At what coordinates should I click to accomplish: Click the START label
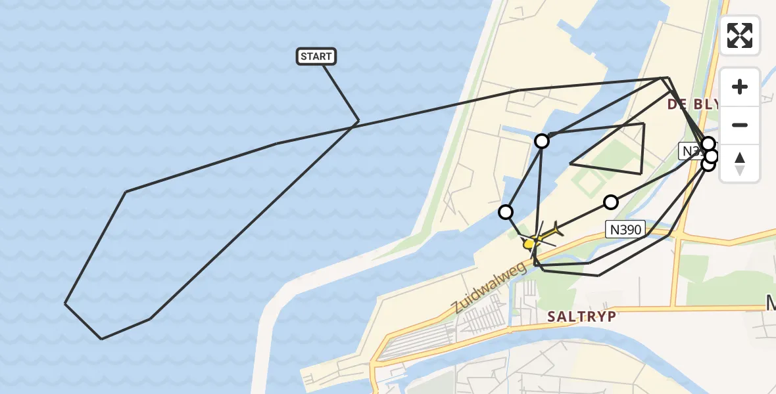click(316, 56)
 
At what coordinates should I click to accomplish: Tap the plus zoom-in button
click(740, 87)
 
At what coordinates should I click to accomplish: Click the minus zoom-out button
click(740, 125)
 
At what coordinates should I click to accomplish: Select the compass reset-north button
click(740, 164)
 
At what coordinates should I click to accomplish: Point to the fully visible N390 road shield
click(625, 229)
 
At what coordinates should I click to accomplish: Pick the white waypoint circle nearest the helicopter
click(506, 211)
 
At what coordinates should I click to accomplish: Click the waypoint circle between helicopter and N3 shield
click(611, 202)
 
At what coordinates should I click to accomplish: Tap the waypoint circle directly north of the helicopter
click(541, 141)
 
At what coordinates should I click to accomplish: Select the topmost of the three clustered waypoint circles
click(708, 143)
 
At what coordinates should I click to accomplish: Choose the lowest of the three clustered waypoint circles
click(708, 164)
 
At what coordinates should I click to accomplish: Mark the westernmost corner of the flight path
click(65, 303)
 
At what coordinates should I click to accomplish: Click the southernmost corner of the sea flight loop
click(101, 339)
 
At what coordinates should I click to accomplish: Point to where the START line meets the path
click(358, 121)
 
